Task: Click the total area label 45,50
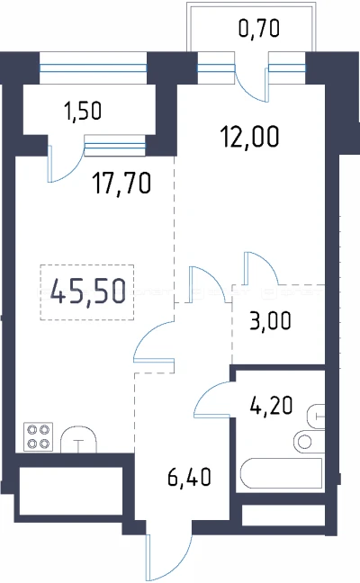click(x=88, y=291)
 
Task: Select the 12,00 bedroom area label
click(x=249, y=137)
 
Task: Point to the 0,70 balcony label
click(x=259, y=29)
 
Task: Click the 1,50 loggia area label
click(x=83, y=111)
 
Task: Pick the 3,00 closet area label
click(x=270, y=321)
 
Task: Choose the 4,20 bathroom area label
click(x=272, y=405)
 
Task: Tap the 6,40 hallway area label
click(x=189, y=477)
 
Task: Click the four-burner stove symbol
click(x=39, y=437)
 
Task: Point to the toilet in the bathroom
click(x=309, y=441)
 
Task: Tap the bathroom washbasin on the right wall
click(x=316, y=417)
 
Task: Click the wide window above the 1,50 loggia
click(x=93, y=68)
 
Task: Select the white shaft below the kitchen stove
click(x=71, y=491)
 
